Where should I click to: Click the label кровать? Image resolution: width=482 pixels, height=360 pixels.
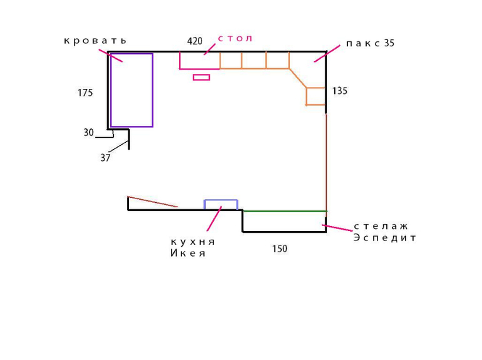click(95, 41)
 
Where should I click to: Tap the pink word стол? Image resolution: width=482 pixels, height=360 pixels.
click(235, 39)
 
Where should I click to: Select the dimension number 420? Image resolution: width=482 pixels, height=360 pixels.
click(195, 41)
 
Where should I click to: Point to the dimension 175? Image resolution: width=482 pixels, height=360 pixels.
click(85, 93)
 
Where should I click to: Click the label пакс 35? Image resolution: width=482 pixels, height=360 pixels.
click(370, 44)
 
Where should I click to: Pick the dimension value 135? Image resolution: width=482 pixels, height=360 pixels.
click(340, 91)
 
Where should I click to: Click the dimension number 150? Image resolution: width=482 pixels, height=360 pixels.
click(280, 249)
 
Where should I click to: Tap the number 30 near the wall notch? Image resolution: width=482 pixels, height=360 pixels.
click(88, 133)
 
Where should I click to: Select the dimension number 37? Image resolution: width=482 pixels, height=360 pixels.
click(105, 158)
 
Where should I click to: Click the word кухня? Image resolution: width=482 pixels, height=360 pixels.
click(193, 242)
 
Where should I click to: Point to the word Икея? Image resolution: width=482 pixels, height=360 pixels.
click(188, 254)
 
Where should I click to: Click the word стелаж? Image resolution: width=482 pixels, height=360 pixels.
click(381, 226)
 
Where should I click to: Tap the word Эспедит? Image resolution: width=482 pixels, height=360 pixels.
click(384, 238)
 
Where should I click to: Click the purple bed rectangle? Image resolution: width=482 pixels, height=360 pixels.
click(131, 90)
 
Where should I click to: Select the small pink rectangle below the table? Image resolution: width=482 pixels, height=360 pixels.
click(201, 78)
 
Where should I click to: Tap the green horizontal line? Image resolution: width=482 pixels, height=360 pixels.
click(284, 211)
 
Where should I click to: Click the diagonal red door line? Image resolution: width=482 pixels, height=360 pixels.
click(152, 202)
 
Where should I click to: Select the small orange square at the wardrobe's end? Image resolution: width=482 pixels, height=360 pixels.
click(315, 96)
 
